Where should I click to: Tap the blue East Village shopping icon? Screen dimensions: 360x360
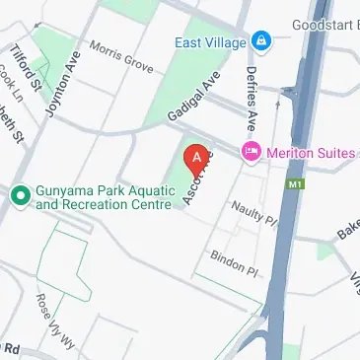[262, 41]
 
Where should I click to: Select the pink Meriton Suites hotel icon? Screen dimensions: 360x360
[251, 151]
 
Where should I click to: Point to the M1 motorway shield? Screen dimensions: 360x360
[296, 183]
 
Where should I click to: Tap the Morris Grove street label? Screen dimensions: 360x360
[121, 56]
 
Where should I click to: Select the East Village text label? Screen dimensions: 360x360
[211, 41]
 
